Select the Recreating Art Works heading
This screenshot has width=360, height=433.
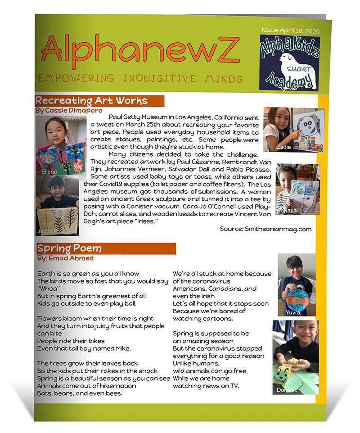[x=91, y=101]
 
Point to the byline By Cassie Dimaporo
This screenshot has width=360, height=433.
[x=68, y=110]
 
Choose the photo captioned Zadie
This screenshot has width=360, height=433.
[x=292, y=129]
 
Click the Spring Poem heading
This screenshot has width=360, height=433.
[x=69, y=248]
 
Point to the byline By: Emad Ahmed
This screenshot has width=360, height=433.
[x=65, y=258]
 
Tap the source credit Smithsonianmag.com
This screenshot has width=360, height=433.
[x=265, y=229]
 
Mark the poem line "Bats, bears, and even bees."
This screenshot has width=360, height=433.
[x=80, y=393]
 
